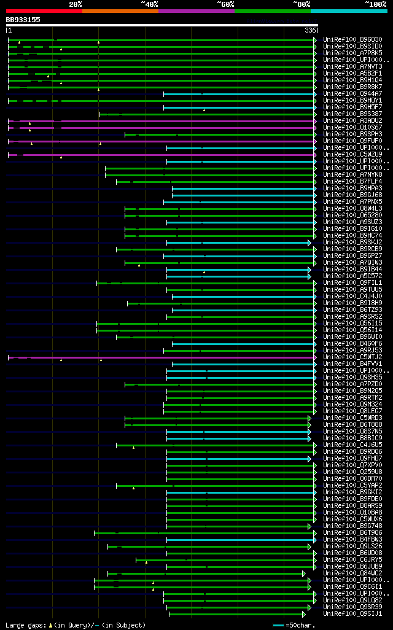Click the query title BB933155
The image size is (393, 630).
[23, 20]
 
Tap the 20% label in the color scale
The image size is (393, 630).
[75, 4]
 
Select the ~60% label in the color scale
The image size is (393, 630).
[225, 4]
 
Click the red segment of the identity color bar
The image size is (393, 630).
[44, 10]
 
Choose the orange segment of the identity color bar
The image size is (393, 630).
[120, 10]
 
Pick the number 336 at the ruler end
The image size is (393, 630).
[311, 30]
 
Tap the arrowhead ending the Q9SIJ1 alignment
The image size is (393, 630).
[304, 613]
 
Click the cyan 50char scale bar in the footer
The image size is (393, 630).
[279, 625]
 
